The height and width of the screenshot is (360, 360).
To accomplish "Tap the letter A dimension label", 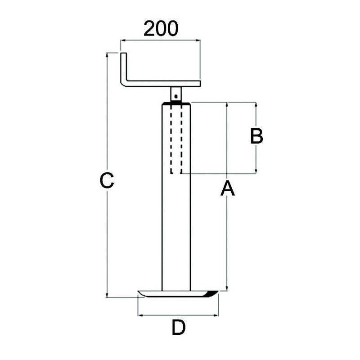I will pos(228,189).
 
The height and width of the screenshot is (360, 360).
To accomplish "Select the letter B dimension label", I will pos(256,136).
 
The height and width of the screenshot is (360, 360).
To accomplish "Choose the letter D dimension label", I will pos(179,328).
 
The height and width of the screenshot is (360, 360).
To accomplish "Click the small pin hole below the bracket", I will pos(176,95).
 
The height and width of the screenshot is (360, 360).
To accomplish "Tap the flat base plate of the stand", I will pos(175,294).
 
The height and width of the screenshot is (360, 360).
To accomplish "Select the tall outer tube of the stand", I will pos(176,234).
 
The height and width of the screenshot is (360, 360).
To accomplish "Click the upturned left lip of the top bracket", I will pos(124,67).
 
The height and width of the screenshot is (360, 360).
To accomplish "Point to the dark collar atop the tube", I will pos(176,103).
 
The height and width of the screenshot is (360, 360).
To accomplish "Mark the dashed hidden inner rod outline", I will pos(176,139).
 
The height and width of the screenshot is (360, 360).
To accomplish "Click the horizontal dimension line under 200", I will pos(160,40).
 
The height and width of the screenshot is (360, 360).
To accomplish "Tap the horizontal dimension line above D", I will pos(178,315).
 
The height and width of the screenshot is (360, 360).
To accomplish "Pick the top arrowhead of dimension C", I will pos(107,55).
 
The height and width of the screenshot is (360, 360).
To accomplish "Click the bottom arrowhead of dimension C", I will pos(107,295).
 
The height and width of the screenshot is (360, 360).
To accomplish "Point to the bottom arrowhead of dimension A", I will pos(227,288).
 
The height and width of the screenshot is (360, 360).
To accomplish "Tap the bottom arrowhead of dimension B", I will pos(256,171).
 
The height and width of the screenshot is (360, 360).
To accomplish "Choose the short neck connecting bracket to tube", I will pos(176,94).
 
